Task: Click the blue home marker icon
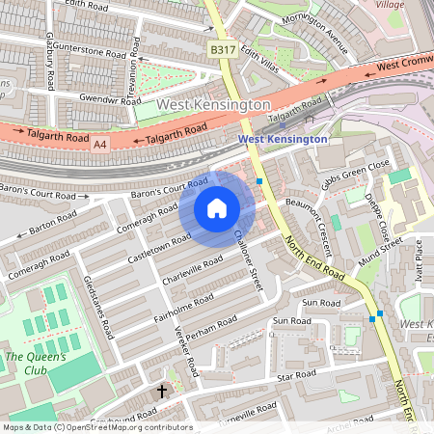pos(217,208)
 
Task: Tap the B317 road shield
pos(222,49)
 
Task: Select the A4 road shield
pos(101,144)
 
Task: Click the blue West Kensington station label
pos(283,140)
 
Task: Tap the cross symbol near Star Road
pos(161,392)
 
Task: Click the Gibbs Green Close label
pos(356,173)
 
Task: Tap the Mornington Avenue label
pos(323,41)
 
